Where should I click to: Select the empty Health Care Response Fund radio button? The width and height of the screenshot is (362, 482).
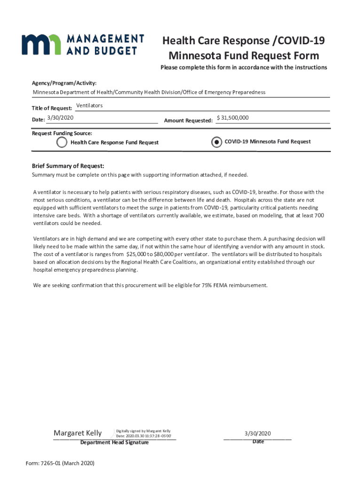click(x=62, y=142)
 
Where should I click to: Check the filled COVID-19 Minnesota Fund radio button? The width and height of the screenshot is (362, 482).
click(x=216, y=142)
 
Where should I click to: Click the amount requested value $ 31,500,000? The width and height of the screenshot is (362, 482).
click(x=233, y=118)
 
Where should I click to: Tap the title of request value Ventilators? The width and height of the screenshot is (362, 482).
click(x=89, y=105)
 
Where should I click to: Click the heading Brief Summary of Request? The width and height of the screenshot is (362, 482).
click(x=68, y=166)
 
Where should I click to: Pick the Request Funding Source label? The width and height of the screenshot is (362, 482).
click(x=62, y=133)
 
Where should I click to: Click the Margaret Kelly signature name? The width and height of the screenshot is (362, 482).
click(x=78, y=433)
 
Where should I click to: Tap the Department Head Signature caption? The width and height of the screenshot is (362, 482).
click(x=114, y=442)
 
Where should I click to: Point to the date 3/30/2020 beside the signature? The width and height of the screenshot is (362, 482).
click(x=258, y=433)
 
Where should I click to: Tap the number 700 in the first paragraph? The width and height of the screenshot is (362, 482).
click(x=319, y=215)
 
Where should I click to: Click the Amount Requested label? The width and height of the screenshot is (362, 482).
click(x=188, y=121)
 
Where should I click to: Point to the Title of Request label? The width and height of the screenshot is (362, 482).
click(x=52, y=109)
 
